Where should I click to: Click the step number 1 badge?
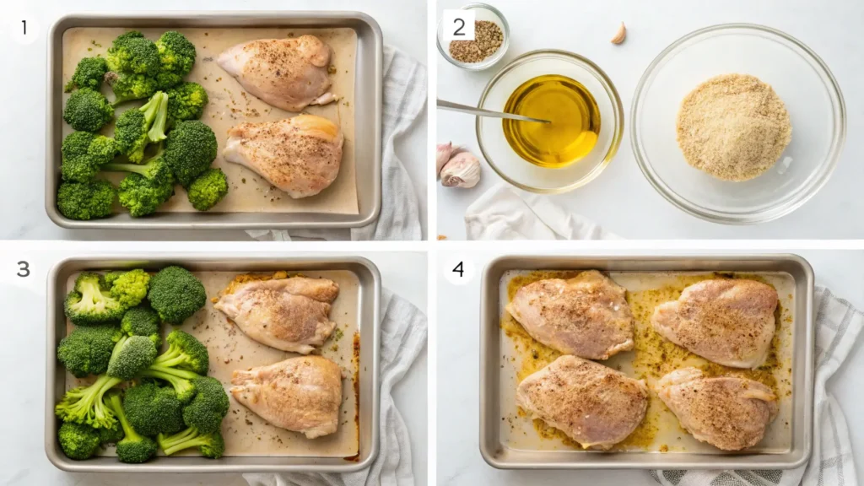[24, 27]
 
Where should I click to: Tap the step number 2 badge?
[459, 27]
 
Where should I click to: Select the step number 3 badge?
[24, 269]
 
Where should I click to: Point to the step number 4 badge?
[458, 269]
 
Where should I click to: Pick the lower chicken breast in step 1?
[284, 155]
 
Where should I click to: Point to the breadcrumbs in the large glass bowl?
[733, 127]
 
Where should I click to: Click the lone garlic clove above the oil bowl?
[620, 34]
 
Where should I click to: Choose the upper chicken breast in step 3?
[278, 313]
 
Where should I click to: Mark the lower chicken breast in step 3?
[288, 396]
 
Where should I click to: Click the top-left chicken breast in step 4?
[573, 314]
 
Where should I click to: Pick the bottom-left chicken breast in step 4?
[583, 400]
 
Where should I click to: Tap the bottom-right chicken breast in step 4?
[717, 408]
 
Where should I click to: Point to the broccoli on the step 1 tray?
[139, 127]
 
